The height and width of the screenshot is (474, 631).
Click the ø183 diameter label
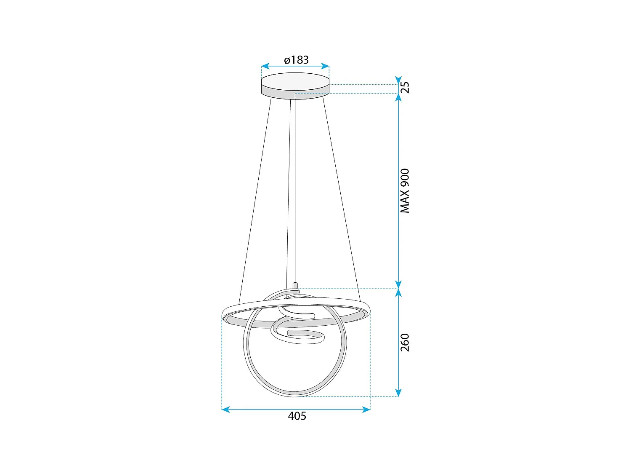[296, 60]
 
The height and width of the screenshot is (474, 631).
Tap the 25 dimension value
[404, 87]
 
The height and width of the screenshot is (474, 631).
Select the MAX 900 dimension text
[404, 190]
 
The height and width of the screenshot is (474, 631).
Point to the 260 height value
[404, 342]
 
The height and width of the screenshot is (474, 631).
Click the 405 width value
[297, 416]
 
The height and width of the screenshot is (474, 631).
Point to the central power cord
[292, 190]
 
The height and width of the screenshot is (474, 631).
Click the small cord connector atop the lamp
[295, 287]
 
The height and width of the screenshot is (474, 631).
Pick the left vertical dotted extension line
[222, 362]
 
